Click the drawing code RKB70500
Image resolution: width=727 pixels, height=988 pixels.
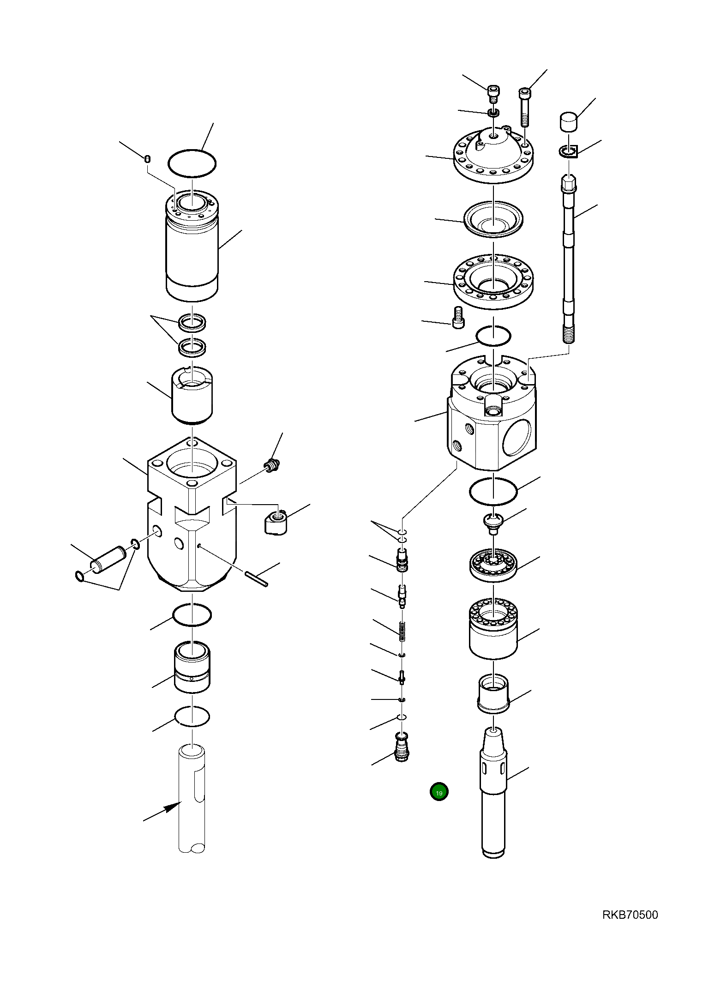630,915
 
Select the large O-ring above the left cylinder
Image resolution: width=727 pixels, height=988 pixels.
192,163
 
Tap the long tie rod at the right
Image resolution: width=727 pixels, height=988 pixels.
569,259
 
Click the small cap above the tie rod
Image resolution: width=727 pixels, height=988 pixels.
569,122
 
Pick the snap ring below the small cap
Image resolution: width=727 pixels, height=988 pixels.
569,151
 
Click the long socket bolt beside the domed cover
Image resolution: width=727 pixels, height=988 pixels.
525,107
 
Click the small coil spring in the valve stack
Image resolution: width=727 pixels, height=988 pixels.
402,631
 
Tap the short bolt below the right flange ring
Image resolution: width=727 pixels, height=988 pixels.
458,318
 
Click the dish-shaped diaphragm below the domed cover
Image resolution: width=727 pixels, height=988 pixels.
493,219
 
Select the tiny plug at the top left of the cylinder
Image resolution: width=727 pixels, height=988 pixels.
147,159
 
